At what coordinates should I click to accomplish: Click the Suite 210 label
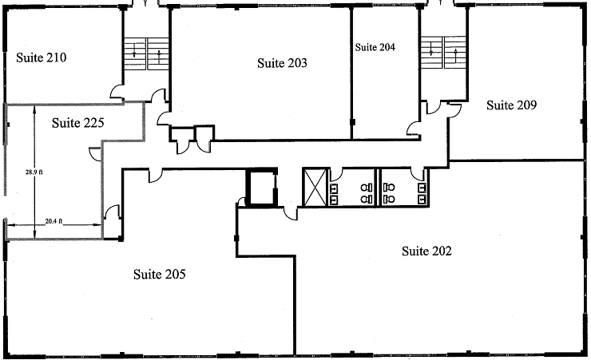click(x=42, y=57)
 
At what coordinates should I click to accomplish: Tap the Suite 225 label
click(x=78, y=123)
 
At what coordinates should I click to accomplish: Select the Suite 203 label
click(x=282, y=63)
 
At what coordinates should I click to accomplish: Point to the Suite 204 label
click(x=375, y=47)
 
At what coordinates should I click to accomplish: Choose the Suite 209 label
click(x=511, y=105)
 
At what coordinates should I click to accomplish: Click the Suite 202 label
click(x=426, y=251)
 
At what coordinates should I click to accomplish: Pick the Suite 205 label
click(x=160, y=274)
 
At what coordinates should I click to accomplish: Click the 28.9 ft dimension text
click(x=34, y=172)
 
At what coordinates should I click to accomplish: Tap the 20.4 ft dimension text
click(x=54, y=221)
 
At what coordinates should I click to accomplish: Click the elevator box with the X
click(x=315, y=188)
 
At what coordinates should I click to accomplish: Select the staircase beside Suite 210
click(x=146, y=53)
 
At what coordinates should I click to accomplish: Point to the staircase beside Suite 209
click(x=443, y=53)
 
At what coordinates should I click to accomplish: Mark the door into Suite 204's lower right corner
click(x=414, y=129)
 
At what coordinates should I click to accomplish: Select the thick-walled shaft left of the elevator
click(x=262, y=188)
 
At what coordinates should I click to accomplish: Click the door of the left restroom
click(x=335, y=173)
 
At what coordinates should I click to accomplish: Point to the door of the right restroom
click(x=417, y=173)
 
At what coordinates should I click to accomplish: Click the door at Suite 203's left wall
click(x=163, y=118)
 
